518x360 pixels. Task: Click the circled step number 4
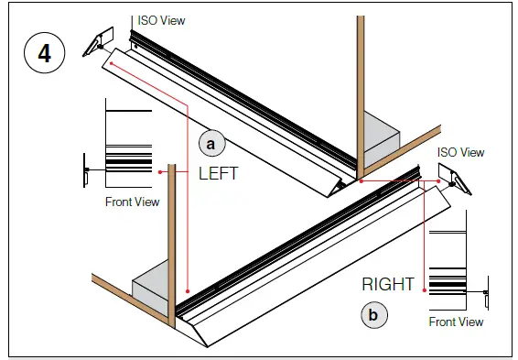(43, 53)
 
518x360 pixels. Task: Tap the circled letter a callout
(211, 143)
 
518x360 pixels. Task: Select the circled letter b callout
(372, 315)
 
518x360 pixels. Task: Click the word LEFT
(218, 173)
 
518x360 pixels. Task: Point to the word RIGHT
(388, 285)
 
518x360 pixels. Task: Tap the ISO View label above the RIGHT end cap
(460, 152)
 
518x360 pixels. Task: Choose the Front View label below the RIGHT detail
(456, 322)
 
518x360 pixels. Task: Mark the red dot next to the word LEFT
(161, 170)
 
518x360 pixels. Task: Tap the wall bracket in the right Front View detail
(484, 293)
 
